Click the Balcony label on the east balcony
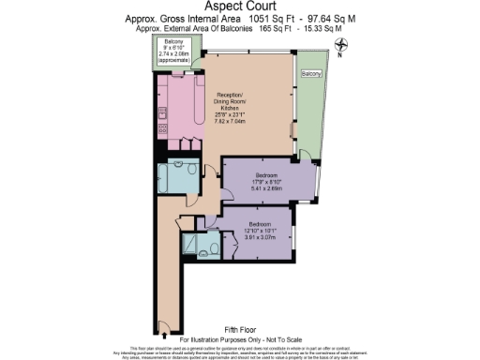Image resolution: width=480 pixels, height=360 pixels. (310, 73)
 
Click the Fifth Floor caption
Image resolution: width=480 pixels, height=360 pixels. (240, 328)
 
